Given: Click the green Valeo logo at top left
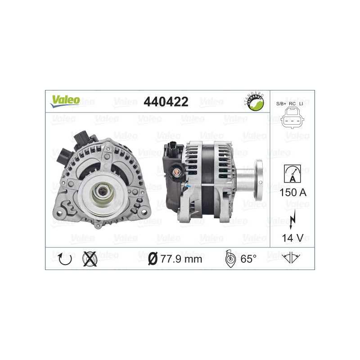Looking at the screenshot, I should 65,100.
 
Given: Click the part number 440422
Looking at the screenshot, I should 165,102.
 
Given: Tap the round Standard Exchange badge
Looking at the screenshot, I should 253,103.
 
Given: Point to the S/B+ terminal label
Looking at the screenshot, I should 282,104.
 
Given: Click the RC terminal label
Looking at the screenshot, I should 292,104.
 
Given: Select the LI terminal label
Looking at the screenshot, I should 301,104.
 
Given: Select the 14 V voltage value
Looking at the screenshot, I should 292,237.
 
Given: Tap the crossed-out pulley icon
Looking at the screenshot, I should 90,258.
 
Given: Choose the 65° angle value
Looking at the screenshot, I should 248,259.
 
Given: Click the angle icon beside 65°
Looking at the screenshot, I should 229,258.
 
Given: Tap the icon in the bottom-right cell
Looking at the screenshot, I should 292,258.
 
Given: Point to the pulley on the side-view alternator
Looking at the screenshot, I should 258,180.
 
